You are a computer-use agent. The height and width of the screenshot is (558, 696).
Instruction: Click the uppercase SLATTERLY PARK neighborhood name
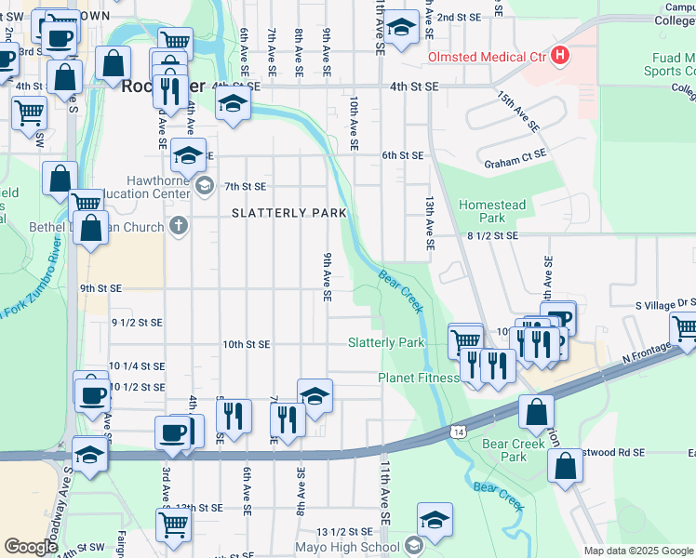tap(288, 213)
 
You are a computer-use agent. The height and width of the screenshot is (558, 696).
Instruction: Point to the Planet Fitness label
tap(419, 378)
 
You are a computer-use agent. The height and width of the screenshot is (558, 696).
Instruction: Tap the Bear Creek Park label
tap(513, 450)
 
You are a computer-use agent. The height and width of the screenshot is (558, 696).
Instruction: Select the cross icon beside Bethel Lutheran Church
tap(178, 225)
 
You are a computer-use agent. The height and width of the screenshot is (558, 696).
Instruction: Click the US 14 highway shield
tap(458, 432)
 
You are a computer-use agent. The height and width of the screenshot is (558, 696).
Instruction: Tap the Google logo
tap(31, 546)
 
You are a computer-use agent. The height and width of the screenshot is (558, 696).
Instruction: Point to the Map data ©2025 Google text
tap(638, 551)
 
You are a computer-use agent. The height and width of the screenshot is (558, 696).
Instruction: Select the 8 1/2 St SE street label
tap(491, 236)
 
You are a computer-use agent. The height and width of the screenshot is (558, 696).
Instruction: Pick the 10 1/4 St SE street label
tap(137, 366)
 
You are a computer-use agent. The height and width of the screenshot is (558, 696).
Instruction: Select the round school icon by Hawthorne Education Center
tap(204, 185)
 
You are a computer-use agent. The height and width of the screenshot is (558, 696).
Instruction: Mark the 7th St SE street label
tap(246, 187)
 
